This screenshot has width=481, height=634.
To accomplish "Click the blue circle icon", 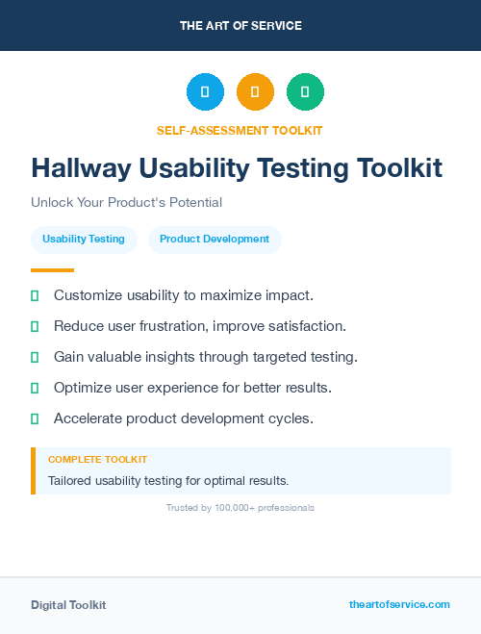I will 205,91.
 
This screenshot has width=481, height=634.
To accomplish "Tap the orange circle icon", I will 255,91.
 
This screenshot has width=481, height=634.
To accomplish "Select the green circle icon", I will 305,91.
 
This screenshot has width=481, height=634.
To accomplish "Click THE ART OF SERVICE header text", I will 240,26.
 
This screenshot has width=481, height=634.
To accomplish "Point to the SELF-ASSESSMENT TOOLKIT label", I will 240,130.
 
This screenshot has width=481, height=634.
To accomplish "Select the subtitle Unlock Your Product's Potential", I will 126,202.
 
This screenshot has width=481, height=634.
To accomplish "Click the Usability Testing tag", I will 84,239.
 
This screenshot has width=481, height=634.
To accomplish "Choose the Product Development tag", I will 215,239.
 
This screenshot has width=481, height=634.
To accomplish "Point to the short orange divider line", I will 52,269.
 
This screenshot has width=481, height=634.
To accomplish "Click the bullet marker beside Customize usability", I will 35,295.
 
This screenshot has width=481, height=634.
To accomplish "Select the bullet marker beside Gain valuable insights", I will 35,357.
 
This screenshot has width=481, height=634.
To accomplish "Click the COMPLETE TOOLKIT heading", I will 97,460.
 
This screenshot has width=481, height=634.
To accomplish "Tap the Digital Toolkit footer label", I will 68,604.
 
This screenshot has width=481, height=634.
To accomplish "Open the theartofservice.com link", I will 399,604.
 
